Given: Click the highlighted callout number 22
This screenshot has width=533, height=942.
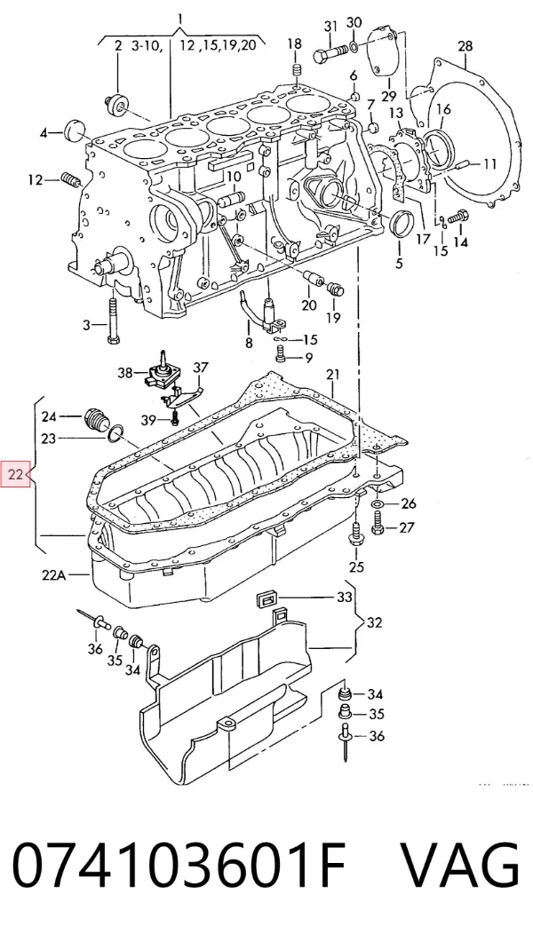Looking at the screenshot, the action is click(x=16, y=475).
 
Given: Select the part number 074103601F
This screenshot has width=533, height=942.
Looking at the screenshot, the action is click(x=179, y=865).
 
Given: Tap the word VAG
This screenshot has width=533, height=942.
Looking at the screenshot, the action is click(x=459, y=865).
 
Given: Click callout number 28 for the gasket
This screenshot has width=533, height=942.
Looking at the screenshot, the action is click(x=465, y=45).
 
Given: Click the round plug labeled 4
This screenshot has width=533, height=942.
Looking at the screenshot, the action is click(x=76, y=129).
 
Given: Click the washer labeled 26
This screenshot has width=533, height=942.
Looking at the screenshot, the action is click(x=378, y=503).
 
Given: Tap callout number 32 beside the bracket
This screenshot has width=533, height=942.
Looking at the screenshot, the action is click(x=374, y=622).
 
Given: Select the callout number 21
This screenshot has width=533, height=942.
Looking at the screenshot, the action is click(x=333, y=375).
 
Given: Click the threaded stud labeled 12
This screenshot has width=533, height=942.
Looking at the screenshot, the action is click(x=71, y=179).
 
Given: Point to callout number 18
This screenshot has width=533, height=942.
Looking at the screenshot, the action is click(x=294, y=44).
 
